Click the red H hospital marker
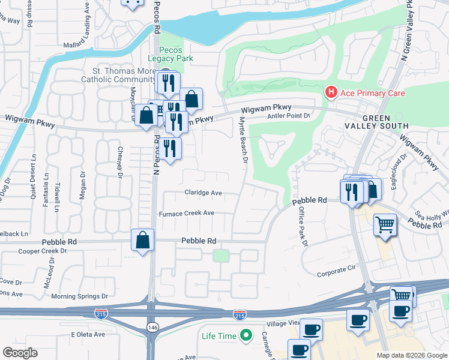pos(330,92)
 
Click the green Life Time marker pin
pos(245,336)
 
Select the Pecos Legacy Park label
pos(176,54)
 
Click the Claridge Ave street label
pos(203,193)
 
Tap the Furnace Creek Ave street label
pos(187,213)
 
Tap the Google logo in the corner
pos(20,353)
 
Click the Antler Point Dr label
pos(288,116)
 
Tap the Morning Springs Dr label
pos(79,296)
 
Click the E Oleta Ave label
pos(88,334)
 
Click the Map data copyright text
pos(411,355)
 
